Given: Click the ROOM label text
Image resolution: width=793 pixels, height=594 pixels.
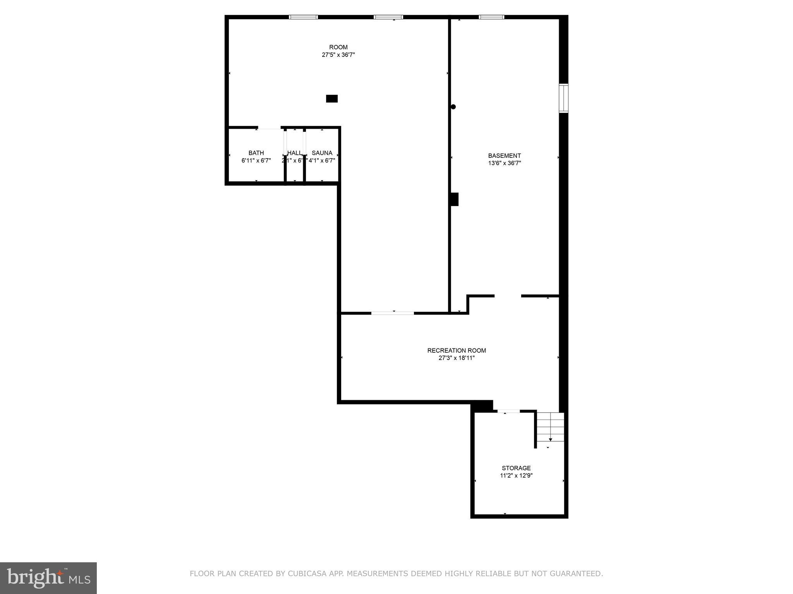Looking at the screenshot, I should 338,48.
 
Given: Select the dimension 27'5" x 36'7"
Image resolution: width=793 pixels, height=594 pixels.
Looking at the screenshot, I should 338,55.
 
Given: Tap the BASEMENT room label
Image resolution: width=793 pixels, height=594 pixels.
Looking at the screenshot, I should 504,156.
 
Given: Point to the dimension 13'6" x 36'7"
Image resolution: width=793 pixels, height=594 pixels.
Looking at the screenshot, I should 504,163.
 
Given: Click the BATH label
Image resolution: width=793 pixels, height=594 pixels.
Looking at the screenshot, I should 256,153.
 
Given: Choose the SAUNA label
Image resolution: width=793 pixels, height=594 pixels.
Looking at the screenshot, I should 322,153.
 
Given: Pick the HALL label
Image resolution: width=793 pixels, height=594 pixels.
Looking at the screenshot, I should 294,153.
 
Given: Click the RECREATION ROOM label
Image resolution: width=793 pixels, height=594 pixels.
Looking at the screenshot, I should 457,351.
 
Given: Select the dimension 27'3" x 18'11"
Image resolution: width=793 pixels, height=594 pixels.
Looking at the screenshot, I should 457,358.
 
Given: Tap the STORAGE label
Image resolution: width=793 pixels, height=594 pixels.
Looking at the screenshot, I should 516,468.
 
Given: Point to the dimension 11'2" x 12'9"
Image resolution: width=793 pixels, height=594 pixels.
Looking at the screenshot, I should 516,476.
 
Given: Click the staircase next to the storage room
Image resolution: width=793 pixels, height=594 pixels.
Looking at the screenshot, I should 550,427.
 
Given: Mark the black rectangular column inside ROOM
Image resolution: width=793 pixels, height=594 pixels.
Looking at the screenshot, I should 332,99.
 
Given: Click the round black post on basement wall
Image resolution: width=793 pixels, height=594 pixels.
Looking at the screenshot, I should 453,107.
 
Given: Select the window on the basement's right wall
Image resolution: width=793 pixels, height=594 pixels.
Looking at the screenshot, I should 563,98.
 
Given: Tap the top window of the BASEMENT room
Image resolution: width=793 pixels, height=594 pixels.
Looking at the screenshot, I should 491,17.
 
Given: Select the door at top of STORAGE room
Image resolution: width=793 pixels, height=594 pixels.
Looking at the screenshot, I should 508,411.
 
